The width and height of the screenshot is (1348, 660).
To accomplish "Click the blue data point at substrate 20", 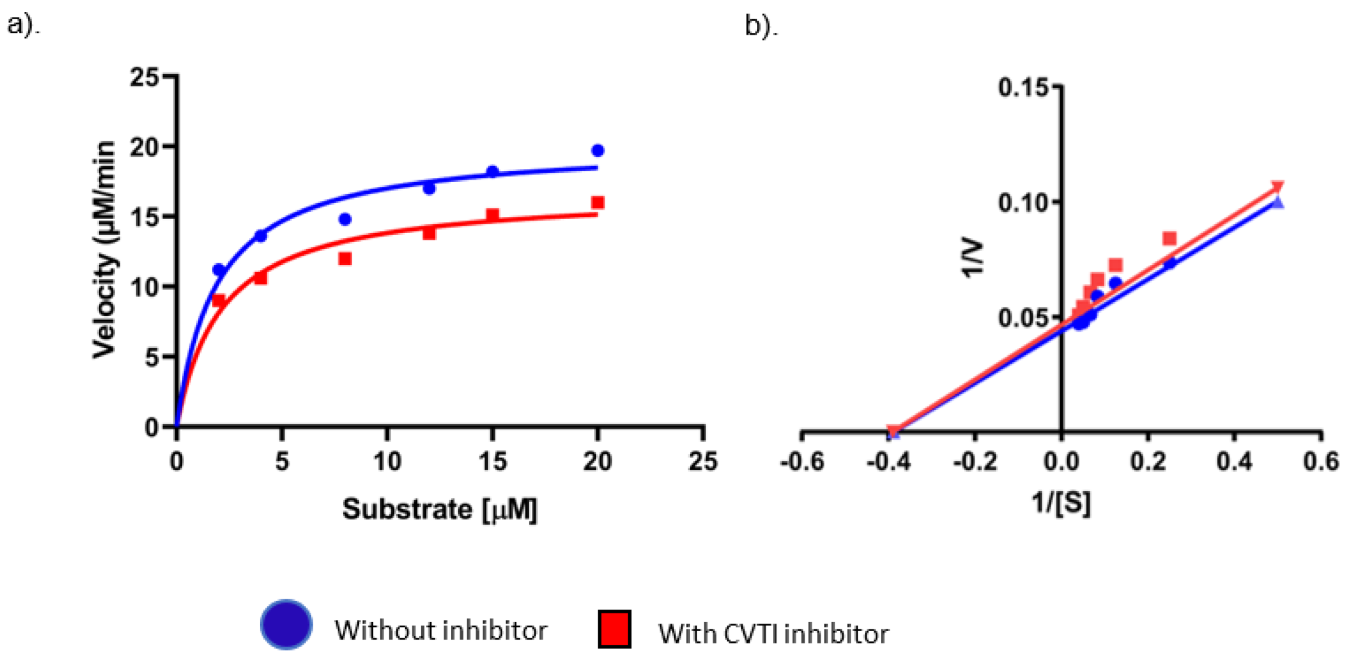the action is tap(598, 150).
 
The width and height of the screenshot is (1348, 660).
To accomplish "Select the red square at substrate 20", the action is tap(598, 203).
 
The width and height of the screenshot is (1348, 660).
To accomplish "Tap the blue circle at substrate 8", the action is tap(345, 219).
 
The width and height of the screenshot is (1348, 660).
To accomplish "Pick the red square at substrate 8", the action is tap(345, 259).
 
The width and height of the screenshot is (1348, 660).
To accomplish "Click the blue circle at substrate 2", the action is tap(219, 270).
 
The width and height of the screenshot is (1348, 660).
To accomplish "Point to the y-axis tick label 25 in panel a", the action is tap(145, 77).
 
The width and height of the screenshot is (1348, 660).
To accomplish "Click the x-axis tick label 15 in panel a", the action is tap(492, 462).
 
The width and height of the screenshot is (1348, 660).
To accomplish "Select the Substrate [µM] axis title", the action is tap(440, 509).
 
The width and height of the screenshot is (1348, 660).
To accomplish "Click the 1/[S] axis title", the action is tap(1061, 502).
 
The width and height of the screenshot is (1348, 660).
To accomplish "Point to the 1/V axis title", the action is tap(972, 259).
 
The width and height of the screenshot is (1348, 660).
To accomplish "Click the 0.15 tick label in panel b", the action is tap(1023, 88).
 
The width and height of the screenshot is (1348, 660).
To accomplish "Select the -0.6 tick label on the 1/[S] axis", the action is tap(802, 462).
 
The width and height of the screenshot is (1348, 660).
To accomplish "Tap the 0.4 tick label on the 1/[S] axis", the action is tap(1234, 462).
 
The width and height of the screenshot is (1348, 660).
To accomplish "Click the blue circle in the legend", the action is tap(286, 624).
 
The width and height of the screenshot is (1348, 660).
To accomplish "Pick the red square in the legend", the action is tap(615, 628).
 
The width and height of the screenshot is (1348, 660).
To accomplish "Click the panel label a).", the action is tap(24, 25).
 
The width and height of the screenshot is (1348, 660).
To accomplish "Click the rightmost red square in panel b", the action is tap(1169, 239).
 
